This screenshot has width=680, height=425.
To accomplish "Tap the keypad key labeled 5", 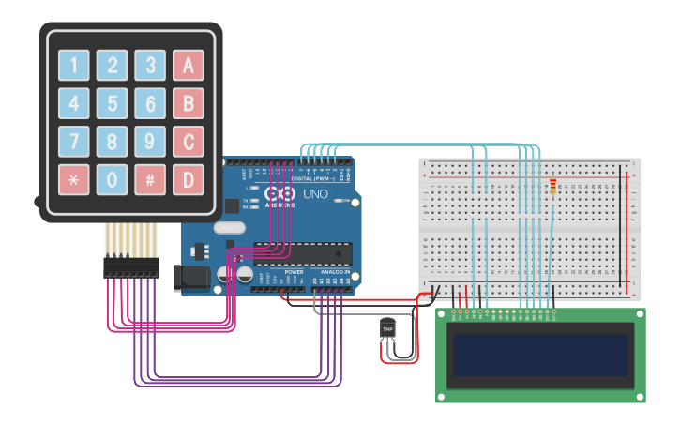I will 113,103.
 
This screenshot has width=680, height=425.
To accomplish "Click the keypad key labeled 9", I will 150,142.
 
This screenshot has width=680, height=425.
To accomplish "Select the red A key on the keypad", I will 189,65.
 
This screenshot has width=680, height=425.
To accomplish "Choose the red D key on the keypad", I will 189,179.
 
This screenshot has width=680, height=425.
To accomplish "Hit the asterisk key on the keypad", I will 74,179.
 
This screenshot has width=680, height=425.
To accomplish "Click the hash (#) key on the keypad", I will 150,179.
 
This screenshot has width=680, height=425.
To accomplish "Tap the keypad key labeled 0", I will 113,179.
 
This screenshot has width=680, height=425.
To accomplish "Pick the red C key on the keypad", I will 189,142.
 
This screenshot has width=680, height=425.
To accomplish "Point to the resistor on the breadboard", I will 552,188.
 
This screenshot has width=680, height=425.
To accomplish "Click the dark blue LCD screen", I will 540,355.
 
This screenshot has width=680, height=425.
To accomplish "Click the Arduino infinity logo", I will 280,195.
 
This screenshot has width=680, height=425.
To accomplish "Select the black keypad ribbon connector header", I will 131,268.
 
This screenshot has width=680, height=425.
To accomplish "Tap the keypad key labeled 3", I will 150,65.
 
